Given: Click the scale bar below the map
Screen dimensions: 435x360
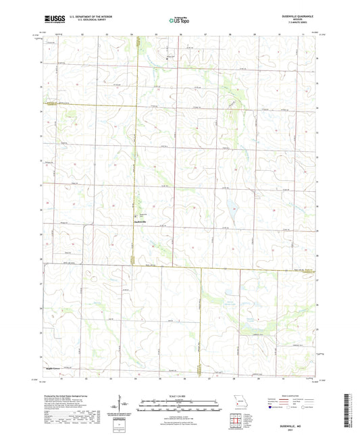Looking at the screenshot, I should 180,407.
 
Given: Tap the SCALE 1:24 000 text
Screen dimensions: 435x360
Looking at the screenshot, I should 180,396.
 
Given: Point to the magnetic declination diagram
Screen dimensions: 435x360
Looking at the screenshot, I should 124,405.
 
